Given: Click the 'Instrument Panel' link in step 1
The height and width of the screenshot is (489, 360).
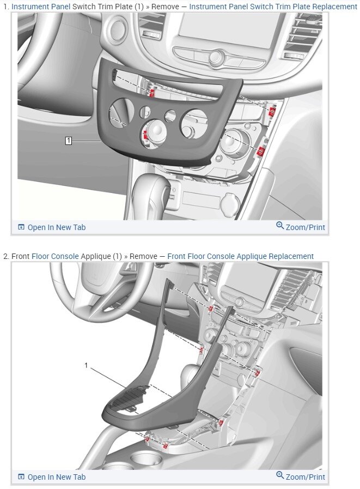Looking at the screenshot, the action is pyautogui.click(x=41, y=6).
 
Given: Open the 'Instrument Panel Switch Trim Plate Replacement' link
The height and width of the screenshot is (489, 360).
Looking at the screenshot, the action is pyautogui.click(x=273, y=6).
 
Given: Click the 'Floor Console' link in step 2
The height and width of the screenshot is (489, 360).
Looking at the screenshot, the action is pyautogui.click(x=55, y=256).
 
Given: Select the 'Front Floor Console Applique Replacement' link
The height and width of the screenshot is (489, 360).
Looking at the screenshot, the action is pyautogui.click(x=240, y=256).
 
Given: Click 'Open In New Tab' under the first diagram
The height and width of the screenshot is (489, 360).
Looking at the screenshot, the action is pyautogui.click(x=52, y=227).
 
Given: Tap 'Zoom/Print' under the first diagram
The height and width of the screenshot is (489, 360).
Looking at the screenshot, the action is pyautogui.click(x=301, y=227).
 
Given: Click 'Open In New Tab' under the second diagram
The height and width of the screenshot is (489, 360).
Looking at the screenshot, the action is pyautogui.click(x=52, y=477).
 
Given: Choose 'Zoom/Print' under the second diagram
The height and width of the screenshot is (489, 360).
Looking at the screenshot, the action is pyautogui.click(x=301, y=477).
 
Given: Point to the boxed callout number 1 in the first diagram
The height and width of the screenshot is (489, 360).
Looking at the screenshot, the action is pyautogui.click(x=68, y=141).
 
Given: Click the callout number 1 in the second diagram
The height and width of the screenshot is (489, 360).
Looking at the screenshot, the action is pyautogui.click(x=87, y=365).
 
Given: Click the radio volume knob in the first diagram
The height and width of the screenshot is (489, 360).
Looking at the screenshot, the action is pyautogui.click(x=216, y=57).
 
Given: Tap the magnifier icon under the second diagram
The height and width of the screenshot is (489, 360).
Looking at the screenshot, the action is pyautogui.click(x=280, y=475).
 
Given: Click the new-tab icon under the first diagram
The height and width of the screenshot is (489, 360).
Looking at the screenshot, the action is pyautogui.click(x=21, y=227).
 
